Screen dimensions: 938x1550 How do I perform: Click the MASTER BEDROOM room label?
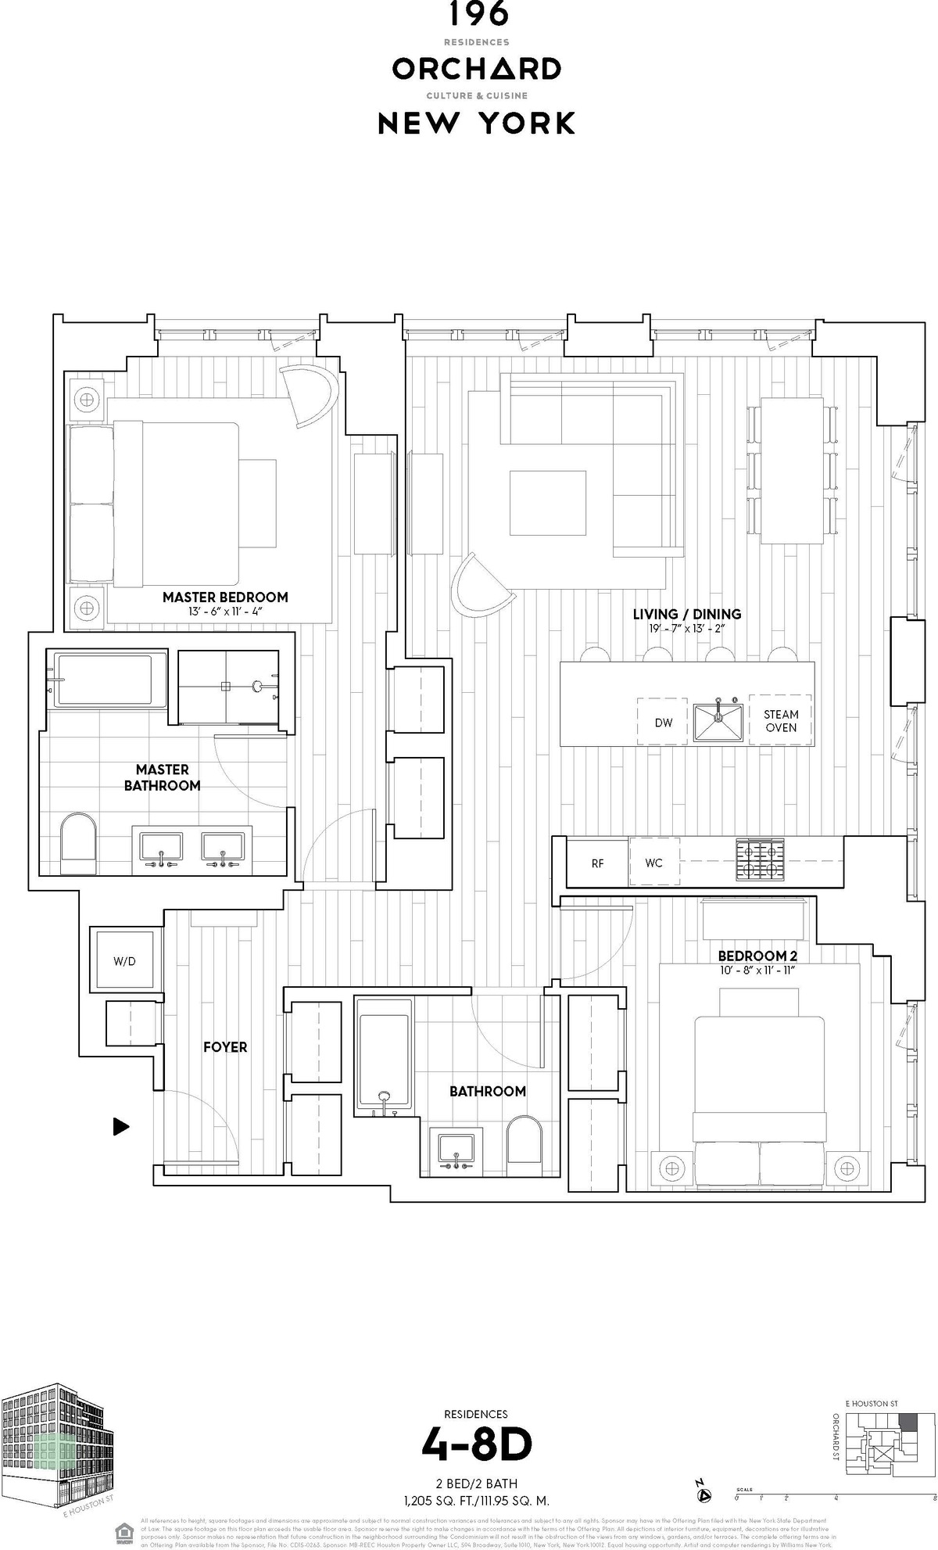(x=225, y=597)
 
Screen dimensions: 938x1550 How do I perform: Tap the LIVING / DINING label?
(x=687, y=614)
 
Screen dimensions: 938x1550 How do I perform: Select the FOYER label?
(x=225, y=1046)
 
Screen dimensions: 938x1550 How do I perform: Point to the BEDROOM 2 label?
(x=757, y=956)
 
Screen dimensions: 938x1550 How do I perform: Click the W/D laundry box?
(x=124, y=961)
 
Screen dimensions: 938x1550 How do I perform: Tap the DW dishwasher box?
(x=663, y=722)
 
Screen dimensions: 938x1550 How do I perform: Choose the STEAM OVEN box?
(x=781, y=720)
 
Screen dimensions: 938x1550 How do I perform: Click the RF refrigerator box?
(x=597, y=863)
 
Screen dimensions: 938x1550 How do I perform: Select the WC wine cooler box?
(x=653, y=863)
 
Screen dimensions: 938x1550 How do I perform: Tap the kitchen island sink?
(x=718, y=722)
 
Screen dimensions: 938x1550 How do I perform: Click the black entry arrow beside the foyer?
(x=120, y=1126)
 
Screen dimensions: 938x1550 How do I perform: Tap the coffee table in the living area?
(x=547, y=502)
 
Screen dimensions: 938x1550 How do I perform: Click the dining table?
(x=793, y=471)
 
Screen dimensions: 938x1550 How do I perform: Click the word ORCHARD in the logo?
(x=476, y=70)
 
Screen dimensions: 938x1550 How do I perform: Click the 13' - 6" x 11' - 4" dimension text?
(x=225, y=612)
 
